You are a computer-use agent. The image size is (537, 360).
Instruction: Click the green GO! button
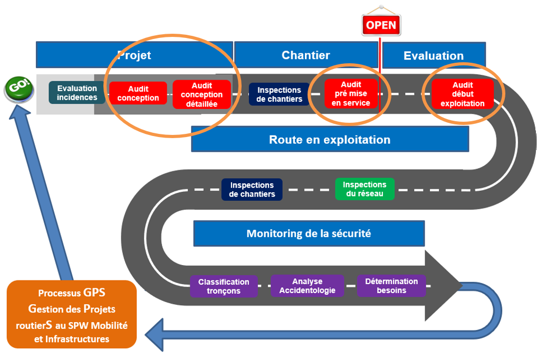(19, 89)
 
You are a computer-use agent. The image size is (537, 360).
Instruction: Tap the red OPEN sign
(381, 25)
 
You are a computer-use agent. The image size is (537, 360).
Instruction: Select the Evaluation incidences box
(76, 93)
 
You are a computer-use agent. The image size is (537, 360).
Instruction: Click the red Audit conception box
(138, 93)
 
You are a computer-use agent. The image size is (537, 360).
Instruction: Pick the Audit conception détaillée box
(202, 94)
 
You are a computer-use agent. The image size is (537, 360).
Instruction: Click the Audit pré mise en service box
(351, 93)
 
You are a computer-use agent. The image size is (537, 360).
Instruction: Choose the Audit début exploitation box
(463, 94)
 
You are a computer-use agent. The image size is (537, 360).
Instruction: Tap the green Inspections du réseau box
(365, 189)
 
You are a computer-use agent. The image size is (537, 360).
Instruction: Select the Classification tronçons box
(224, 286)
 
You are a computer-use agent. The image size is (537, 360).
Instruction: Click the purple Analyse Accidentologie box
(307, 286)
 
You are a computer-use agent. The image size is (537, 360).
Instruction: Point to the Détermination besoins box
(391, 286)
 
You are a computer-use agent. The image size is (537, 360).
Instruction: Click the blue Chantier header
(306, 55)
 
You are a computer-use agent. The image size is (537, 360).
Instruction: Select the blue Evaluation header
(434, 55)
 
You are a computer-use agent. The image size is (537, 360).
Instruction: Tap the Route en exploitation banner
(330, 139)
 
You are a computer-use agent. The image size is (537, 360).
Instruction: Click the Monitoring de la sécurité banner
(309, 233)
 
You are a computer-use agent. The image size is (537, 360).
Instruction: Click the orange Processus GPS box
(72, 315)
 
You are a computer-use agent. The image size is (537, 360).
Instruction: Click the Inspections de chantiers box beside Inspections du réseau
(252, 190)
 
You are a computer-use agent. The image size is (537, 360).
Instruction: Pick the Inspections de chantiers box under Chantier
(279, 94)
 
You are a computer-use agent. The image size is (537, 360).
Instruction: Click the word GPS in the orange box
(94, 293)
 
